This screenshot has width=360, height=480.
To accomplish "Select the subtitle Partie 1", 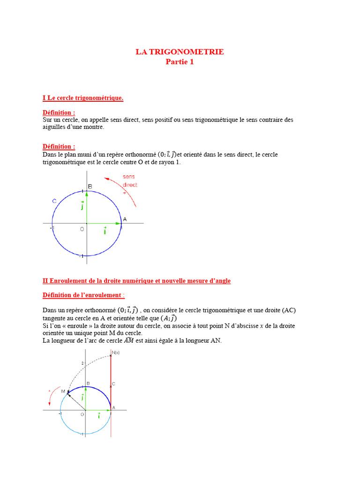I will (x=180, y=62).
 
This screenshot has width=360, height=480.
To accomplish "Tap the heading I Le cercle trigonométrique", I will (x=83, y=98).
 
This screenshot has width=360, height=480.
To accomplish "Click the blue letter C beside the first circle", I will (x=54, y=201).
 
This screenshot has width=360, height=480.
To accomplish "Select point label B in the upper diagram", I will (x=90, y=187).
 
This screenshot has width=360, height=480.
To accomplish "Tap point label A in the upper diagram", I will (x=125, y=219).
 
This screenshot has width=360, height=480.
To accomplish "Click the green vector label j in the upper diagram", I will (x=82, y=205).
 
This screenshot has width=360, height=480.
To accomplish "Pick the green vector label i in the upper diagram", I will (x=105, y=231).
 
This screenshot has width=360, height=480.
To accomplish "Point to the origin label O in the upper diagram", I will (x=82, y=229).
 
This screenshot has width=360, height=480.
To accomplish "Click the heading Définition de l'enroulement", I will (x=83, y=295).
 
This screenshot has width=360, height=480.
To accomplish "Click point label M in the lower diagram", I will (x=63, y=390).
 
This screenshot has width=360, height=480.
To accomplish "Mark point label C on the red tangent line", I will (x=114, y=383).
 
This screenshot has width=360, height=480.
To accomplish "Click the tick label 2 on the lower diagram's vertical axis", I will (x=82, y=363).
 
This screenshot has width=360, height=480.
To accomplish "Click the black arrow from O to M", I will (x=76, y=401).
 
